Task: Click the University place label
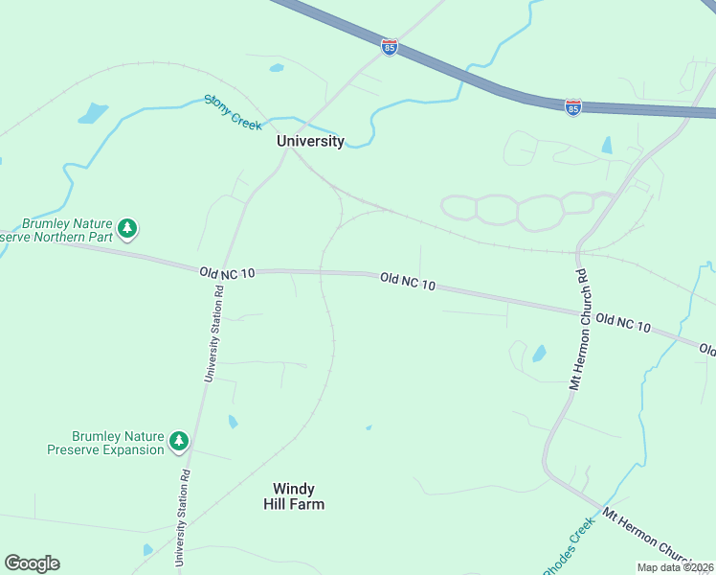click(310, 141)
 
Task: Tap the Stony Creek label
click(233, 112)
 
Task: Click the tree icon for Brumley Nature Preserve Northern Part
click(127, 229)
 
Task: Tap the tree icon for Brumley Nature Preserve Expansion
click(178, 441)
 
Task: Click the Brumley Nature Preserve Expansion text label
click(105, 443)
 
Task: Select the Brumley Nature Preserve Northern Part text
click(57, 230)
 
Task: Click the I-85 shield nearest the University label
click(389, 47)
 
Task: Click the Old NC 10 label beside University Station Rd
click(228, 273)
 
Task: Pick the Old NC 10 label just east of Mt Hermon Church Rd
click(622, 322)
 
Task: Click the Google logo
click(32, 563)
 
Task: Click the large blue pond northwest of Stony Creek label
click(93, 114)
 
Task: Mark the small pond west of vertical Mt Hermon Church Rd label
click(539, 353)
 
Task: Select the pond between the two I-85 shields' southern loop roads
click(607, 146)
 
